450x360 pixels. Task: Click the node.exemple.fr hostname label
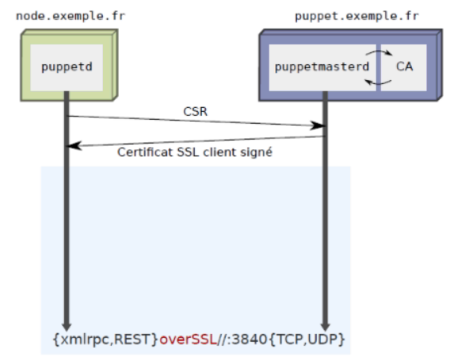pyautogui.click(x=71, y=16)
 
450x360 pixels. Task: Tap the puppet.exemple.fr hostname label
pyautogui.click(x=357, y=17)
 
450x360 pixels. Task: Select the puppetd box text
pyautogui.click(x=67, y=67)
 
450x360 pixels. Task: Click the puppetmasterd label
pyautogui.click(x=322, y=67)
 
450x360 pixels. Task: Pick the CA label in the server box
pyautogui.click(x=404, y=67)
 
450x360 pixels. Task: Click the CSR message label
pyautogui.click(x=195, y=112)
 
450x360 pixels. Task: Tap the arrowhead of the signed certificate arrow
pyautogui.click(x=74, y=146)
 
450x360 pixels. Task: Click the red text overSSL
pyautogui.click(x=188, y=339)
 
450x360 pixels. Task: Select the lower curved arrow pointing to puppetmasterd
pyautogui.click(x=378, y=83)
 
